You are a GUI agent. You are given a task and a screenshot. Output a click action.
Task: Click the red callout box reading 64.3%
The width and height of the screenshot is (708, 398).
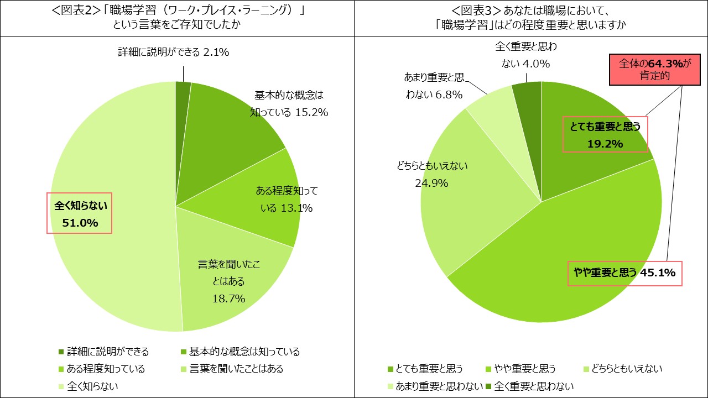pyautogui.click(x=651, y=70)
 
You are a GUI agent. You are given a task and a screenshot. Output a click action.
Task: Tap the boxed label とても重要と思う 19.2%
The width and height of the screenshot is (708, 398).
pyautogui.click(x=605, y=135)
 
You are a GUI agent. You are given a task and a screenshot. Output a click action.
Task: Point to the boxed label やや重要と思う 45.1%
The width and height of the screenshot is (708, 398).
pyautogui.click(x=624, y=273)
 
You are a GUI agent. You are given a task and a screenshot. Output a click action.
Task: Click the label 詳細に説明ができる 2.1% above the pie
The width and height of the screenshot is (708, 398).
pyautogui.click(x=174, y=52)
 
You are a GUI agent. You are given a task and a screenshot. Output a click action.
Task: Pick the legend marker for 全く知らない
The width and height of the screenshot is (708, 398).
pyautogui.click(x=61, y=386)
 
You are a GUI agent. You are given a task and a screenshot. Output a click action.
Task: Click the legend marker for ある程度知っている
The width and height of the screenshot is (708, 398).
pyautogui.click(x=61, y=369)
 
